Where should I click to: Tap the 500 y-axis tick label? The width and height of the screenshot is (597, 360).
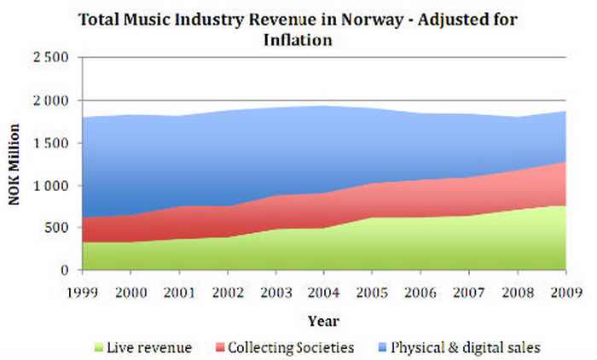pyautogui.click(x=56, y=228)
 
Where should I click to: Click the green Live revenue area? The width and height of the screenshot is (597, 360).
pyautogui.click(x=341, y=247)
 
